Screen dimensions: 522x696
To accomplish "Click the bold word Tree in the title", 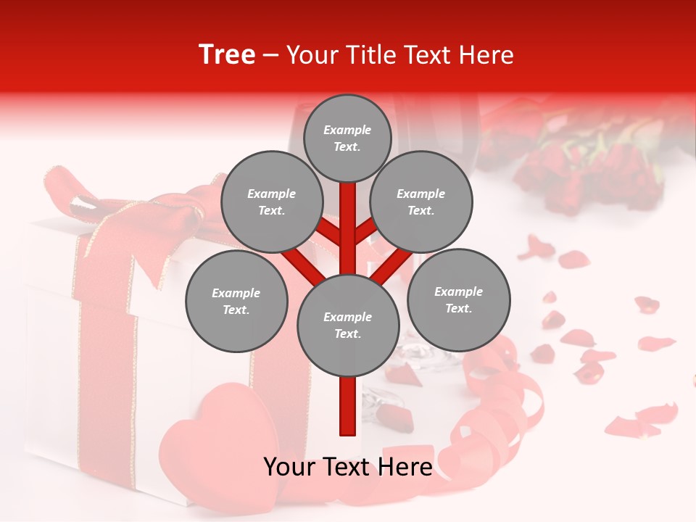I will (x=227, y=55).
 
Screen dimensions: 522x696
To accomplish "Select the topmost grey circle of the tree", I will (x=347, y=138).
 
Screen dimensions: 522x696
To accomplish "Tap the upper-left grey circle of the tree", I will (x=271, y=202).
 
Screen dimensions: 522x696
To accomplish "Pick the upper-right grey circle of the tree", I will (x=421, y=202).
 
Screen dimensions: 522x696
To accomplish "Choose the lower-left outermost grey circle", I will (x=236, y=302).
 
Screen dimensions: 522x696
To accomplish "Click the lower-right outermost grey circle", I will (x=458, y=299).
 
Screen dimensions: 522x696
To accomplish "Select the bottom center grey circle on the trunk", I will (x=348, y=325).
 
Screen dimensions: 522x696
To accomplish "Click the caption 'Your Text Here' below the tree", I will (x=348, y=467).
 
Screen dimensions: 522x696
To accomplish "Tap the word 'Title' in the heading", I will (x=426, y=55).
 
